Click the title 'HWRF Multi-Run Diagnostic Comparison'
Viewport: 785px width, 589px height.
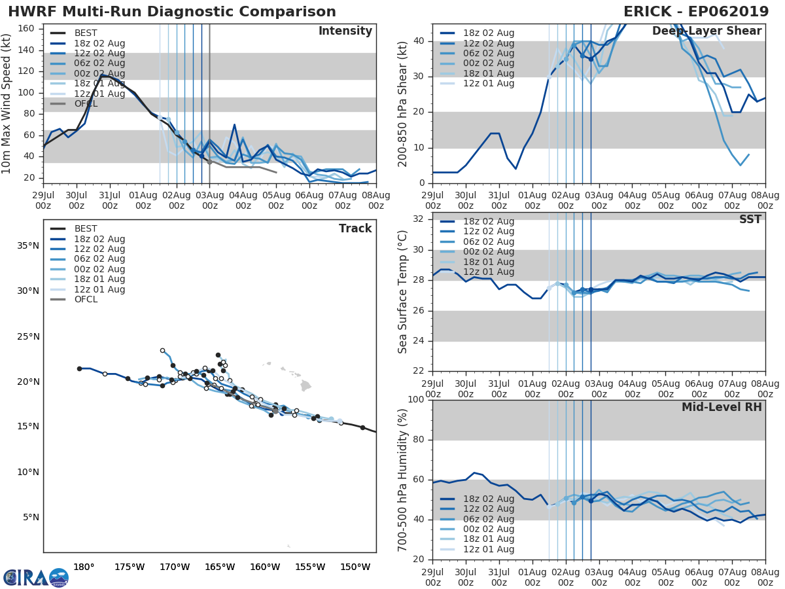click(x=172, y=12)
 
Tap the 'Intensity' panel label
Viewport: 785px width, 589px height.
click(x=345, y=31)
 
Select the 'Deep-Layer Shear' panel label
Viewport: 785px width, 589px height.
click(x=706, y=31)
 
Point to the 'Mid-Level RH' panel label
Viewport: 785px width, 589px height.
click(x=722, y=407)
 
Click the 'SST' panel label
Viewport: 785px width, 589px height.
click(x=750, y=219)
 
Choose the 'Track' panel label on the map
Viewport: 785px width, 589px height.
click(x=355, y=228)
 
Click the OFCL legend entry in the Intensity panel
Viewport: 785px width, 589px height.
click(x=86, y=104)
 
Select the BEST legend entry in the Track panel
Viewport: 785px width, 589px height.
click(x=86, y=228)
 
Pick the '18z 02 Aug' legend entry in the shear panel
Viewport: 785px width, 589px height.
click(x=488, y=33)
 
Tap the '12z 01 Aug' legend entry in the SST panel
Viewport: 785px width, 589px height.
click(x=488, y=272)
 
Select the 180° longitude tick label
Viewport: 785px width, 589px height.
click(x=84, y=567)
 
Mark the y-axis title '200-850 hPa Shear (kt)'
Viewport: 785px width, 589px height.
click(x=403, y=103)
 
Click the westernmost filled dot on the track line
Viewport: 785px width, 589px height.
click(x=79, y=368)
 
